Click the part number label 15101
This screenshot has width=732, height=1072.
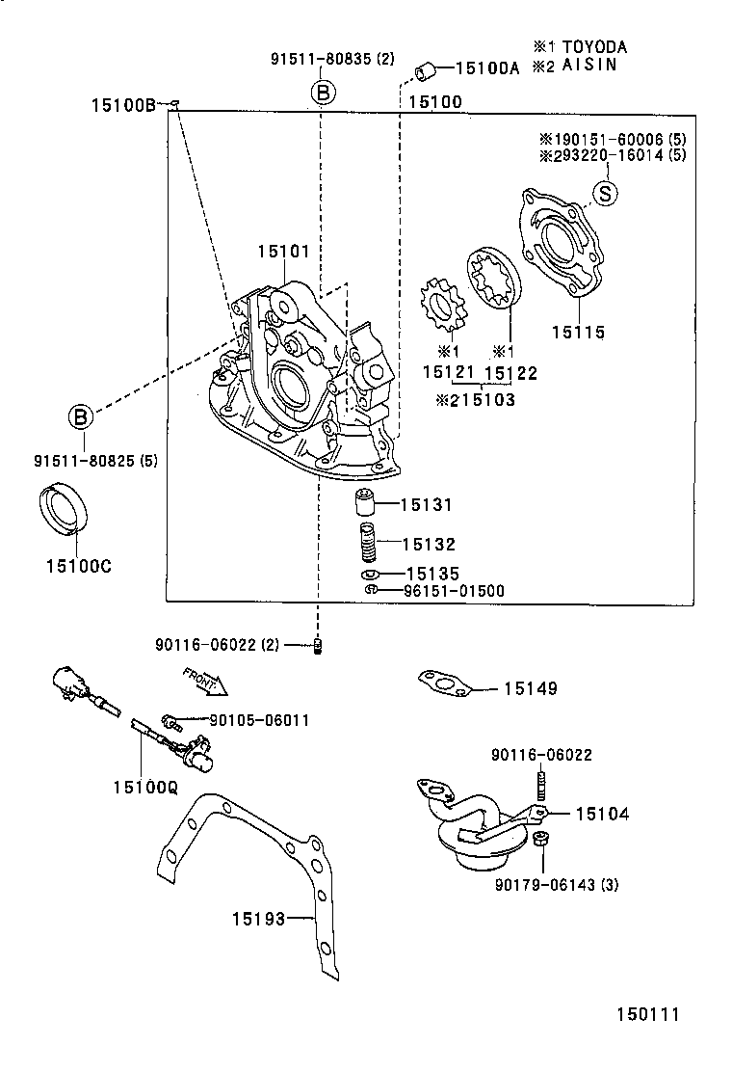pyautogui.click(x=282, y=252)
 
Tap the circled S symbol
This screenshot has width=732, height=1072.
pyautogui.click(x=604, y=193)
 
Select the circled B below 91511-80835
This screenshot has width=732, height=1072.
pyautogui.click(x=323, y=93)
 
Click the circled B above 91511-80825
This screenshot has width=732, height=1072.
pyautogui.click(x=82, y=416)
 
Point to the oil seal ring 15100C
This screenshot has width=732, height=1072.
pyautogui.click(x=63, y=511)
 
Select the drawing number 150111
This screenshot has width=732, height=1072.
pyautogui.click(x=648, y=1014)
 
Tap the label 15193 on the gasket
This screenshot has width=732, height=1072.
pyautogui.click(x=258, y=919)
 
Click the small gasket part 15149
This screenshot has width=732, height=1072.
pyautogui.click(x=441, y=684)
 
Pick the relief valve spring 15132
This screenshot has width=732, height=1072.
pyautogui.click(x=366, y=543)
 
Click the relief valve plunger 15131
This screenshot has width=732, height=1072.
pyautogui.click(x=363, y=503)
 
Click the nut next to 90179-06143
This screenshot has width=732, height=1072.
pyautogui.click(x=540, y=840)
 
